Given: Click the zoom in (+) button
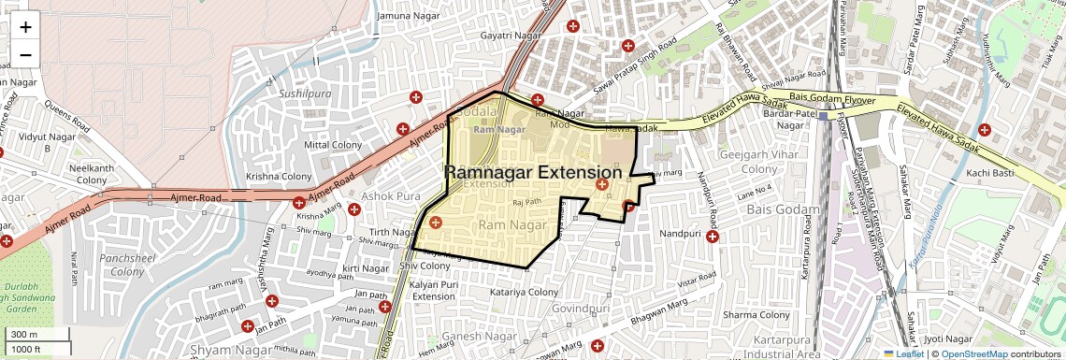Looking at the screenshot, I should tap(25, 26).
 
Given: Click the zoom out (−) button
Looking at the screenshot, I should tap(25, 54).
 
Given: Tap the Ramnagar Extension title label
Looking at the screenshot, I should tap(532, 173).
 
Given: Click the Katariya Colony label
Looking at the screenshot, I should tap(524, 293).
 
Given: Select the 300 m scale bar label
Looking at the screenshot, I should tap(24, 335).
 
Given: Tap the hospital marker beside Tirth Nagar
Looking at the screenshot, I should tap(435, 222).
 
